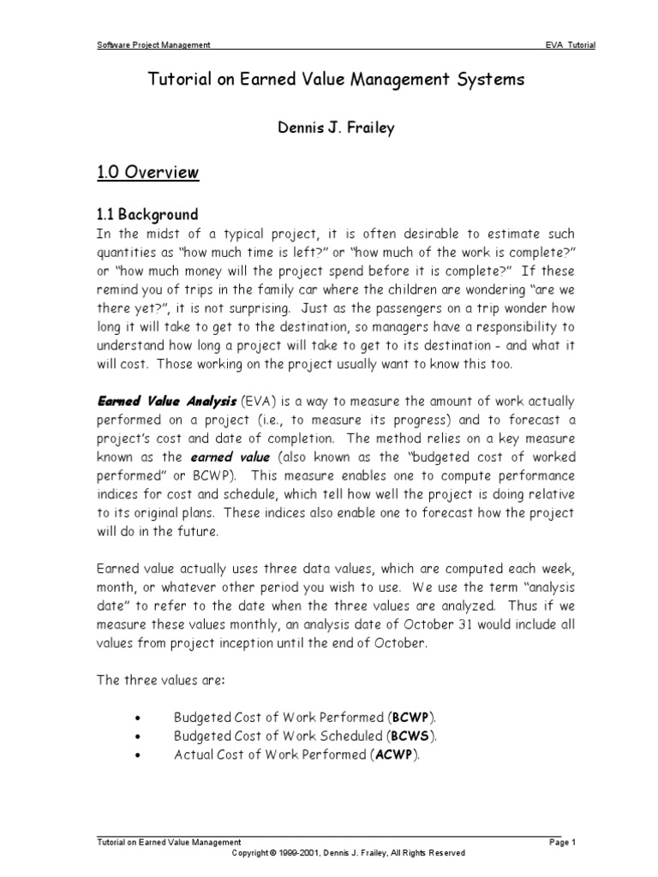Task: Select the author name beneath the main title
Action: pyautogui.click(x=329, y=129)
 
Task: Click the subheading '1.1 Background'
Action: pyautogui.click(x=147, y=214)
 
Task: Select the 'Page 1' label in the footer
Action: pyautogui.click(x=562, y=843)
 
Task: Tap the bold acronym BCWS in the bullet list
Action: pyautogui.click(x=413, y=736)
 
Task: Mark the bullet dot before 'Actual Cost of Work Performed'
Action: pyautogui.click(x=138, y=755)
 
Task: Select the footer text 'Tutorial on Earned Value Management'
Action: pyautogui.click(x=169, y=843)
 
